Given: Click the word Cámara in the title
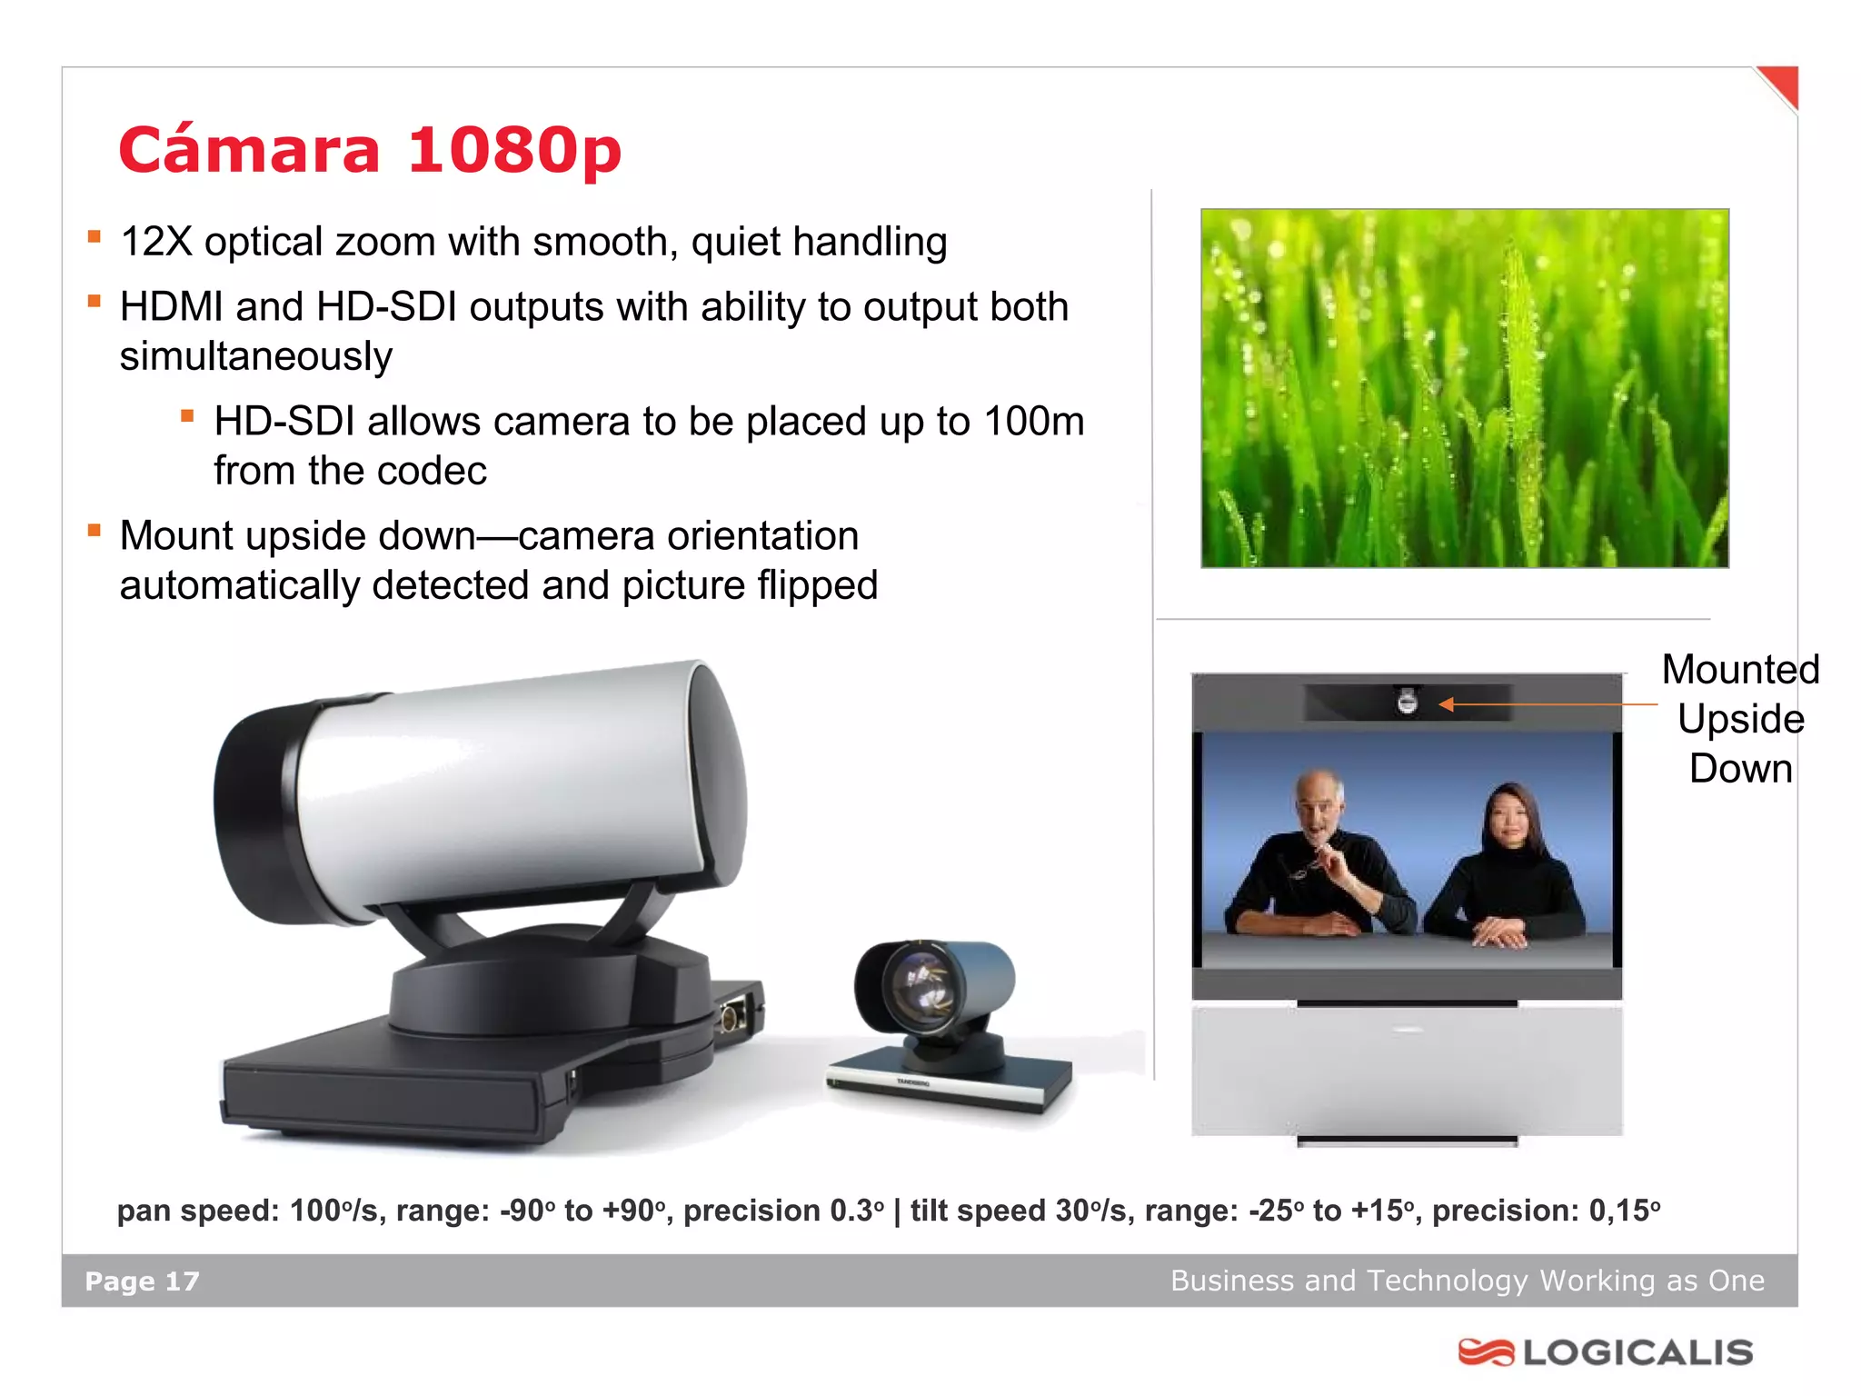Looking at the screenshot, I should (x=249, y=150).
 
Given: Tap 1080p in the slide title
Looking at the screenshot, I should (x=514, y=150).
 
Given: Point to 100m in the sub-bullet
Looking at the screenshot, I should (x=1034, y=422).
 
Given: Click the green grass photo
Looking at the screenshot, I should (x=1464, y=388).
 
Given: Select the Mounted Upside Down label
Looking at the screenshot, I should (x=1740, y=718).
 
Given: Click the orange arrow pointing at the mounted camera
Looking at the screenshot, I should (x=1545, y=703).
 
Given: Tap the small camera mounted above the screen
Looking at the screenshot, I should (x=1407, y=702).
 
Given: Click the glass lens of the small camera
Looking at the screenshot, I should (x=919, y=985).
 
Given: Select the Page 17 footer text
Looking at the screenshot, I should (x=142, y=1281).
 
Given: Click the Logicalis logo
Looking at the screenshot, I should (x=1606, y=1352).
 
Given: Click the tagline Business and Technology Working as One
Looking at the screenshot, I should (x=1467, y=1281).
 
